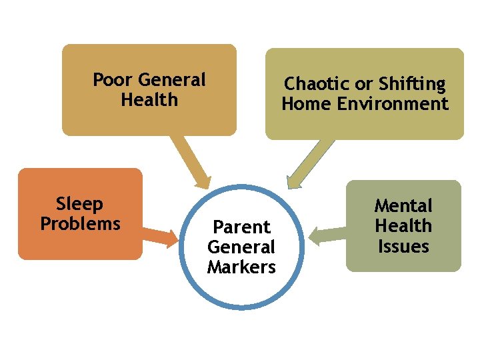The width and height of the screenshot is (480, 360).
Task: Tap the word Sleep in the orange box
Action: tap(79, 203)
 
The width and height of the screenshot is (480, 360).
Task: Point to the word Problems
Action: tap(80, 223)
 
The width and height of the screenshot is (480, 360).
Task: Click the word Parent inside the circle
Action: tap(241, 227)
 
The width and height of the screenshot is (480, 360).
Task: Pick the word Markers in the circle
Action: tap(241, 267)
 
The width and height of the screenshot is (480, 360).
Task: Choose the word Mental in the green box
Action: tap(403, 205)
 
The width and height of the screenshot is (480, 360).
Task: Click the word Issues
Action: tap(403, 247)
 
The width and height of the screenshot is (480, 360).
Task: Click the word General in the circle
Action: tap(241, 247)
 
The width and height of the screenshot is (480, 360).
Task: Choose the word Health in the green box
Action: tap(403, 226)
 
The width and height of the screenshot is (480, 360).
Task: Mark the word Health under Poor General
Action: tap(149, 100)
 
